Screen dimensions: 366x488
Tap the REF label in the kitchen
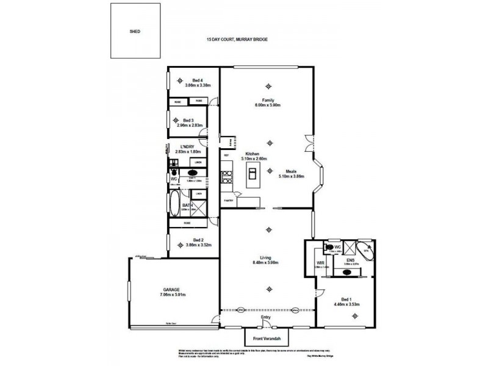(226, 156)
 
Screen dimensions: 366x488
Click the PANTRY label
(229, 200)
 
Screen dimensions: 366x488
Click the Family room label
(268, 100)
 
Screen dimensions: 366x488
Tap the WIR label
(320, 263)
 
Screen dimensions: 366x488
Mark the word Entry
(265, 318)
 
